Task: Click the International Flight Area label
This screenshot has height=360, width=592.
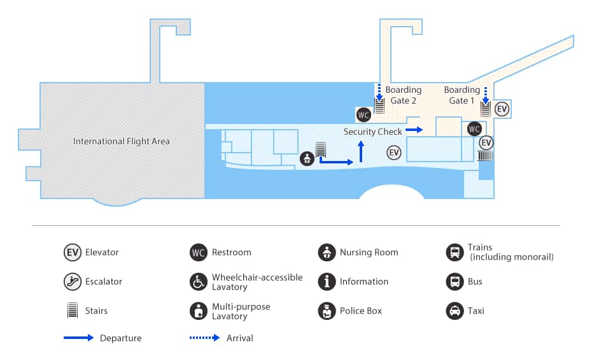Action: tap(122, 141)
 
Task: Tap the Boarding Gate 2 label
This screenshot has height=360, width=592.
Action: tap(403, 95)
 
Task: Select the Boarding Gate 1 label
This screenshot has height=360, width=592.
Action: tap(462, 95)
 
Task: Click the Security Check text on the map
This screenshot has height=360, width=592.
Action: tap(372, 132)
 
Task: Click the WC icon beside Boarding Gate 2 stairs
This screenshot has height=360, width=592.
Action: tap(363, 115)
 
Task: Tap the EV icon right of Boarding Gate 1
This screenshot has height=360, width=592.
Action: tap(502, 109)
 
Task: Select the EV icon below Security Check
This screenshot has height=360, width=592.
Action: tap(394, 153)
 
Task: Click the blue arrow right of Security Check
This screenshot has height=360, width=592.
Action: tap(414, 130)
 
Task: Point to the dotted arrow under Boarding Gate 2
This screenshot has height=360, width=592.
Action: tap(379, 92)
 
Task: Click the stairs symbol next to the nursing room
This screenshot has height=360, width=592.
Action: tap(321, 150)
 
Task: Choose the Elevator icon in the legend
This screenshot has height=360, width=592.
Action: tap(73, 253)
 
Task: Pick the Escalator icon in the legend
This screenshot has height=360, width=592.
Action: tap(73, 282)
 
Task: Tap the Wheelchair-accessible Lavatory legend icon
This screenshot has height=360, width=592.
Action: tap(198, 282)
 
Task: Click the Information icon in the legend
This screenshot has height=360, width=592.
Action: tap(327, 282)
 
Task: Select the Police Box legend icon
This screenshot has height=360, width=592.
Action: tap(327, 311)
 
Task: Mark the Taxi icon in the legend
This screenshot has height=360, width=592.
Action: tap(455, 311)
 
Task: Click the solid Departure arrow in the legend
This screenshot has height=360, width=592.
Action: tap(79, 338)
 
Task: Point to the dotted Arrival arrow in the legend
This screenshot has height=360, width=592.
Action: tap(204, 338)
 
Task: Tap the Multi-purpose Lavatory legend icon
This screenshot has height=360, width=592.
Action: tap(198, 311)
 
